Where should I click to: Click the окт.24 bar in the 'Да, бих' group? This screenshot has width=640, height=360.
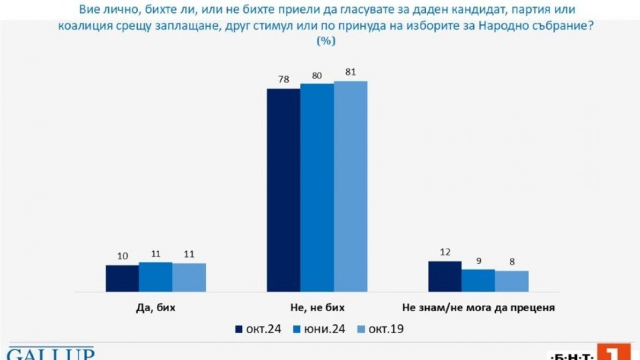122,278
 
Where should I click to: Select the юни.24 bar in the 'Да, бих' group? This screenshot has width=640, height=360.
156,277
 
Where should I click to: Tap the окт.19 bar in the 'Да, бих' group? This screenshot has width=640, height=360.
189,277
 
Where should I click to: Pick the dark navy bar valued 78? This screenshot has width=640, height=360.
283,190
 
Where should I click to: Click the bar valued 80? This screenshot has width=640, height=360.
317,188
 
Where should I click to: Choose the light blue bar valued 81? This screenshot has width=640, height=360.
350,187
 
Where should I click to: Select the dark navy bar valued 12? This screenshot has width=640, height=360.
445,277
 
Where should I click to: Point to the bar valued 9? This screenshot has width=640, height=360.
478,281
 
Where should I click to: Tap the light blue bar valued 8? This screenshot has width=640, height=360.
512,281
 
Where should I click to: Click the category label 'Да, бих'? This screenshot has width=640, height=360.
156,308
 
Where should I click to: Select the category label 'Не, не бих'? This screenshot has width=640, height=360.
317,308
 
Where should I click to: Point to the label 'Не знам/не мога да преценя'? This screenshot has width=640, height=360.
478,308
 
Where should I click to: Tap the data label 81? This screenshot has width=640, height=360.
350,72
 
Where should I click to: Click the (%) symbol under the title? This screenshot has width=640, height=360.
326,41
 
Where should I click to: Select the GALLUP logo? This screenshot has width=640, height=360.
51,353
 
